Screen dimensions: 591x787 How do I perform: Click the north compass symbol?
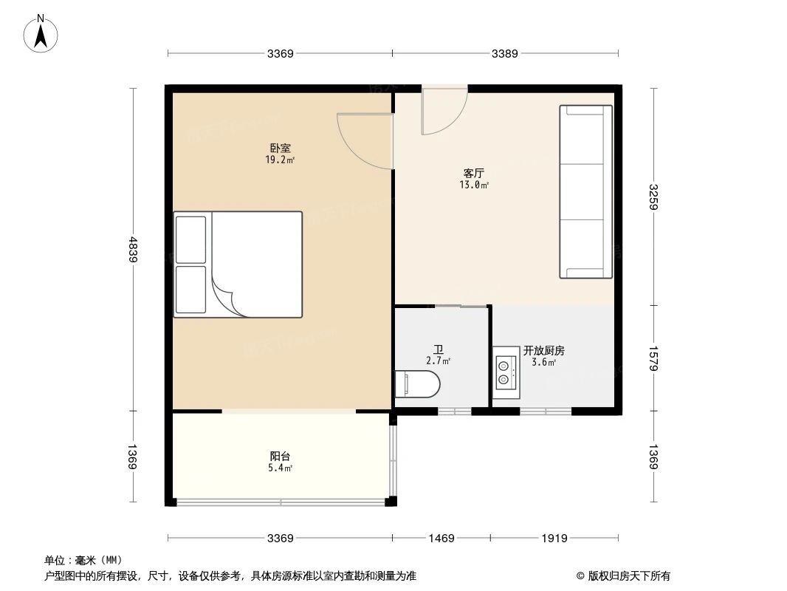43,33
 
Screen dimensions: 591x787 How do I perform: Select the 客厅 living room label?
473,173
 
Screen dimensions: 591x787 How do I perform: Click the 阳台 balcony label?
280,456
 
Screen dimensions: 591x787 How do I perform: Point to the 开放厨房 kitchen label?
544,351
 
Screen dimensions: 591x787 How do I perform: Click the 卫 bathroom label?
438,349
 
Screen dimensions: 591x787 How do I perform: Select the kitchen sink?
506,372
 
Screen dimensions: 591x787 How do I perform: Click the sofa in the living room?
586,192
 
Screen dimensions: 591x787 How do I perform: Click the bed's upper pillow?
191,239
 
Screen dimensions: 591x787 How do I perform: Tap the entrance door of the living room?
443,111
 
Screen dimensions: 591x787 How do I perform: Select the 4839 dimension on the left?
133,249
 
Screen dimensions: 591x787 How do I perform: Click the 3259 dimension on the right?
653,197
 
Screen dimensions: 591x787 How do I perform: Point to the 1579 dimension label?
653,358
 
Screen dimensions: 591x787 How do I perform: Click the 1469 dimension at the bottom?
441,539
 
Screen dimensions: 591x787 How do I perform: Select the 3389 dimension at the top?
505,53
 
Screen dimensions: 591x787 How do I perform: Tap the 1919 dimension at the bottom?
554,539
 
